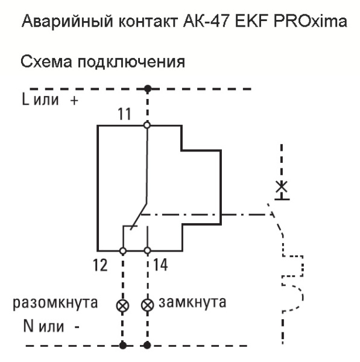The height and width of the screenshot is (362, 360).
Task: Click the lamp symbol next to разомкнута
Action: click(x=123, y=303)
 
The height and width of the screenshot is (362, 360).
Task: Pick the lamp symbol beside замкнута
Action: click(x=147, y=303)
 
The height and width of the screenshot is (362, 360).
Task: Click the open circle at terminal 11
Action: click(x=147, y=125)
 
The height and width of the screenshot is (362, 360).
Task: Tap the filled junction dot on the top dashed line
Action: click(x=147, y=89)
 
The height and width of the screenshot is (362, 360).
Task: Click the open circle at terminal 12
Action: click(x=123, y=250)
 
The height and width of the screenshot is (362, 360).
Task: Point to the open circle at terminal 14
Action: click(x=147, y=250)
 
